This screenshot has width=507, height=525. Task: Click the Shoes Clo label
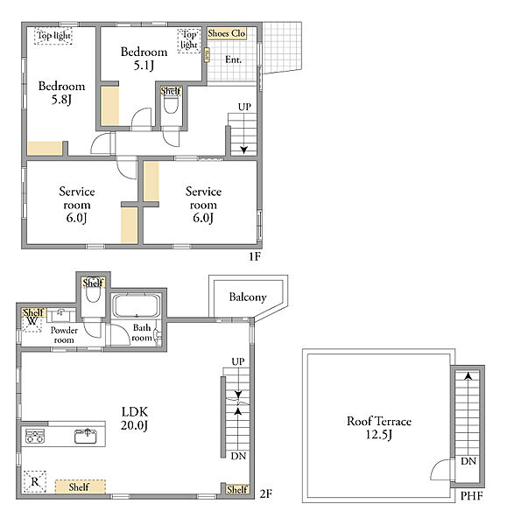(x=227, y=33)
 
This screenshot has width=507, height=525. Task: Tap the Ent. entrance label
(x=233, y=59)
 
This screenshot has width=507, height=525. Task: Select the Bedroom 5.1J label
(x=144, y=59)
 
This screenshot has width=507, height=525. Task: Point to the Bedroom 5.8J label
(x=61, y=93)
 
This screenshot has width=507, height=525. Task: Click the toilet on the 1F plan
(x=171, y=104)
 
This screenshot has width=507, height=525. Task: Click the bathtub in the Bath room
(x=136, y=305)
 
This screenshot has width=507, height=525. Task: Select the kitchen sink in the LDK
(x=86, y=436)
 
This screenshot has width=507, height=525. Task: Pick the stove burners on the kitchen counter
(x=35, y=436)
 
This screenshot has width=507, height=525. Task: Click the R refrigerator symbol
(x=35, y=481)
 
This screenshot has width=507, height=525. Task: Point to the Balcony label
(x=248, y=297)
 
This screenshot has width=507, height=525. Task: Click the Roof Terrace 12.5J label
(x=379, y=428)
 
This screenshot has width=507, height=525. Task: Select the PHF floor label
(x=472, y=495)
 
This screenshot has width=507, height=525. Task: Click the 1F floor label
(x=255, y=256)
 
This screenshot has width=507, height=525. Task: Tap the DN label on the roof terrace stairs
(x=468, y=461)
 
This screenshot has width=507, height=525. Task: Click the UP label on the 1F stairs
(x=244, y=107)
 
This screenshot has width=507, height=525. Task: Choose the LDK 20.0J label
(x=134, y=418)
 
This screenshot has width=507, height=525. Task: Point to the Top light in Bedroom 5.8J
(x=53, y=36)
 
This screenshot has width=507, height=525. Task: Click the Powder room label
(x=64, y=335)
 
